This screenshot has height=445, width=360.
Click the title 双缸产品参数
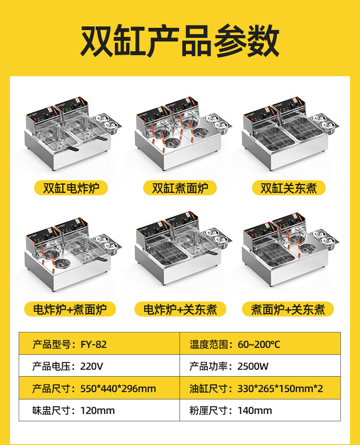[180, 41]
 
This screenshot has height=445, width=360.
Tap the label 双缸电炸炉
[71, 188]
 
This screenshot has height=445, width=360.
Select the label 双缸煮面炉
[180, 188]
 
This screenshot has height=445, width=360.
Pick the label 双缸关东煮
[289, 188]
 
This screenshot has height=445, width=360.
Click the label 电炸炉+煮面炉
[70, 309]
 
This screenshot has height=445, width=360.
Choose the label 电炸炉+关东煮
[180, 309]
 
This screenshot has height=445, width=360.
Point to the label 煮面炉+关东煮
[288, 309]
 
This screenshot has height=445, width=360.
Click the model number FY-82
[93, 344]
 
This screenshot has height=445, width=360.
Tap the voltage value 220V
[92, 367]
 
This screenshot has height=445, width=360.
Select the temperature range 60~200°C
[259, 344]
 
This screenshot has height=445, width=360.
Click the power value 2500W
[253, 367]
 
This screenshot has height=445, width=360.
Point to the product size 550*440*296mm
[118, 388]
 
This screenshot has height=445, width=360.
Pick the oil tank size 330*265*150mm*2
[280, 388]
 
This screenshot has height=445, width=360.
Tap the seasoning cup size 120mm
[98, 410]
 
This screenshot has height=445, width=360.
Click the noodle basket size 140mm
[255, 410]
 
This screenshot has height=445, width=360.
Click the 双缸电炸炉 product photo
[74, 134]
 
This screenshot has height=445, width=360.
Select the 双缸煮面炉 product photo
[183, 134]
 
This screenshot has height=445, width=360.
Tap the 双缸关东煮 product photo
[291, 134]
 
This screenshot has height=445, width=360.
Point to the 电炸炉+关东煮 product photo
[183, 248]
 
